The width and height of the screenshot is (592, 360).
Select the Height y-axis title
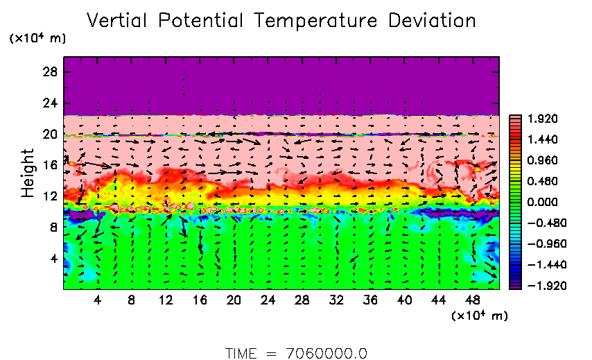tap(28, 173)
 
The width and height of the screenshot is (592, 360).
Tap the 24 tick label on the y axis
tap(51, 104)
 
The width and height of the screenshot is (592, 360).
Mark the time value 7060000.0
tap(326, 353)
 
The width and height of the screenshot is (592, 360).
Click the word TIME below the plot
tap(242, 353)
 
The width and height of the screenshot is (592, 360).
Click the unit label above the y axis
tap(37, 39)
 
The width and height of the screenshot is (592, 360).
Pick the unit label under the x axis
tap(480, 316)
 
